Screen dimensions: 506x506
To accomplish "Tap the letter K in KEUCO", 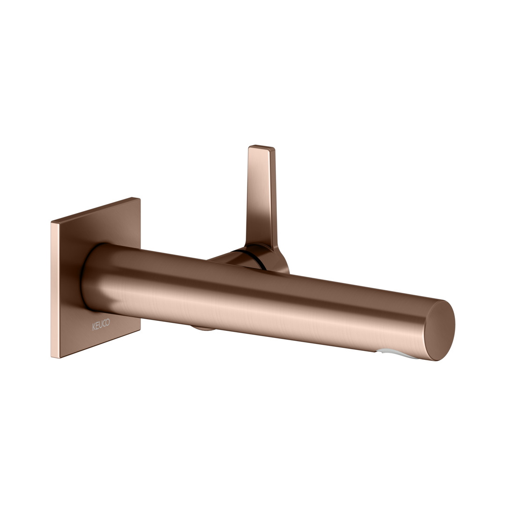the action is pyautogui.click(x=94, y=327).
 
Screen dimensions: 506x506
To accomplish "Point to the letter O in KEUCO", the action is pyautogui.click(x=108, y=322).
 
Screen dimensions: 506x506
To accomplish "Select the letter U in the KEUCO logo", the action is pyautogui.click(x=101, y=325).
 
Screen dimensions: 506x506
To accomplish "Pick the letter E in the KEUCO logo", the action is pyautogui.click(x=97, y=326).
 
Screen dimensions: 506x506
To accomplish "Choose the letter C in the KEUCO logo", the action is pyautogui.click(x=104, y=323).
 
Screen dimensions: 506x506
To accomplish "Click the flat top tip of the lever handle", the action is pyautogui.click(x=262, y=148).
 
